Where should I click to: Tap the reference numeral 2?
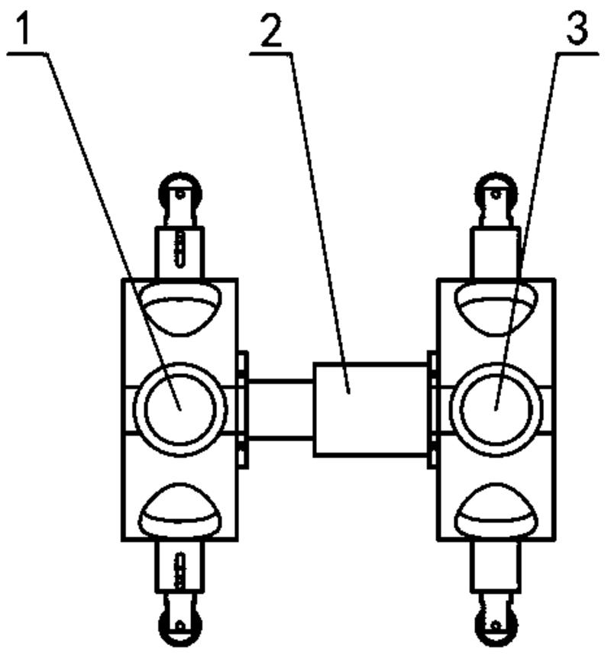[270, 29]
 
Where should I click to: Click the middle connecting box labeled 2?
[370, 409]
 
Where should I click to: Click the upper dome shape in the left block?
[180, 305]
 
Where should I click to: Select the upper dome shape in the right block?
[496, 305]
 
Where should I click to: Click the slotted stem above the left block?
[180, 252]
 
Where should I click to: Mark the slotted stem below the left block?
[180, 566]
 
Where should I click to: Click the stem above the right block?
[496, 252]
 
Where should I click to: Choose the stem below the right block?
[496, 566]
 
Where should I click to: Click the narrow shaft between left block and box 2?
[280, 409]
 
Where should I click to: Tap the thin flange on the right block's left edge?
[432, 409]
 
